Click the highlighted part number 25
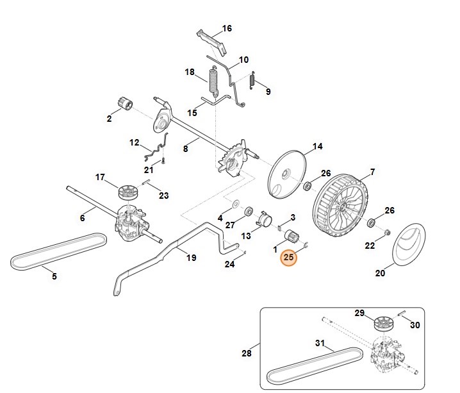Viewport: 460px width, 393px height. (x=289, y=258)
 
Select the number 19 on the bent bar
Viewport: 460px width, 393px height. (x=191, y=258)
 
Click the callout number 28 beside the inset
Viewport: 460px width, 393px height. (x=247, y=353)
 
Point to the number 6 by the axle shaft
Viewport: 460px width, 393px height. (x=83, y=219)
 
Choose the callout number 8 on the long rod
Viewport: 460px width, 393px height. (x=186, y=149)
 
